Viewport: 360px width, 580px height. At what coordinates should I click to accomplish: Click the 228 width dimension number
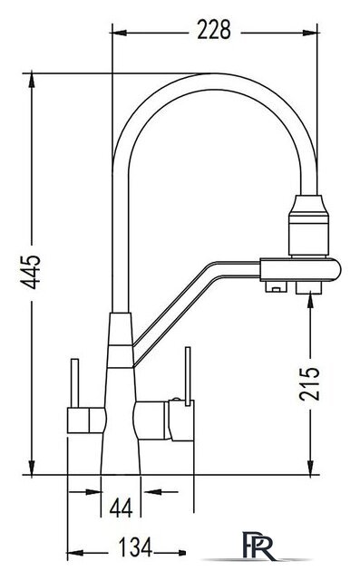point(213,30)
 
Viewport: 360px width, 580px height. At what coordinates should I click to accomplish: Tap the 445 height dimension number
point(31,272)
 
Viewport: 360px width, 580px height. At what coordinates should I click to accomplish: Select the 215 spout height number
point(309,384)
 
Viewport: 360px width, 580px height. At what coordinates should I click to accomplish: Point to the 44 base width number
point(121,507)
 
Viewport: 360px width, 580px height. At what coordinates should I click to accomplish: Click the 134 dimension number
point(135,547)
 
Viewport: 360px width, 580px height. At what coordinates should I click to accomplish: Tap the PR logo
point(258,546)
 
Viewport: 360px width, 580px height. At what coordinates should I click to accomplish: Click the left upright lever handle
point(74,383)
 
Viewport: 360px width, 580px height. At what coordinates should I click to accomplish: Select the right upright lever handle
point(188,376)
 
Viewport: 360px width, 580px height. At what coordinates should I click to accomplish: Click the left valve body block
point(86,420)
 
